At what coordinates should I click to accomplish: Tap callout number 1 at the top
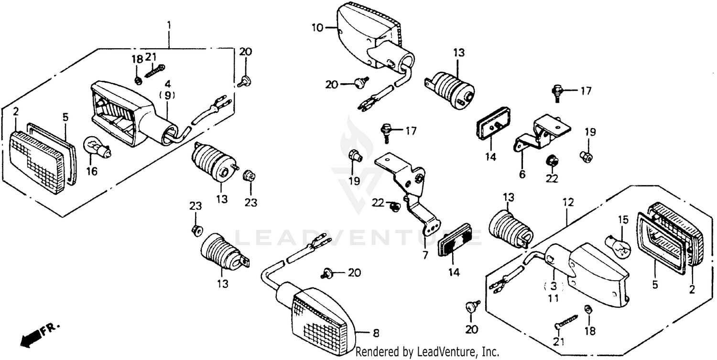[x=169, y=24]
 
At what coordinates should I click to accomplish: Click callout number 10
[x=317, y=28]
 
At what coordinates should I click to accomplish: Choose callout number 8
[x=376, y=333]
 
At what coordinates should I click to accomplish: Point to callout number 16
[x=92, y=171]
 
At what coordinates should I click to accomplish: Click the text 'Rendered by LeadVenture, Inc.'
[x=428, y=352]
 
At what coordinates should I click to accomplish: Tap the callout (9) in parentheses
[x=167, y=95]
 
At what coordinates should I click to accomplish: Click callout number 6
[x=522, y=174]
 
